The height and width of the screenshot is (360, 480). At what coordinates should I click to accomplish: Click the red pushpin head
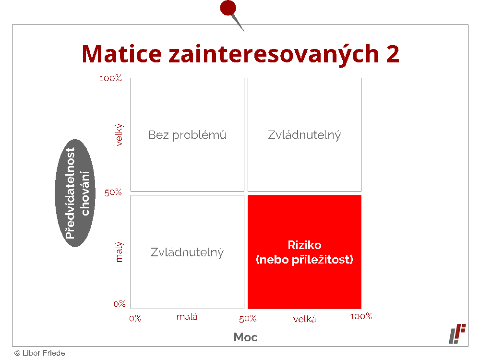(x=228, y=8)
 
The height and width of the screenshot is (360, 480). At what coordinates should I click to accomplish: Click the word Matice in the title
(x=121, y=54)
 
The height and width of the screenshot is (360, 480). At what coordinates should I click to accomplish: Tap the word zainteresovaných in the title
(x=274, y=55)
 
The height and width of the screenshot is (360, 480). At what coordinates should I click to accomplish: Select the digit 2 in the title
(x=393, y=54)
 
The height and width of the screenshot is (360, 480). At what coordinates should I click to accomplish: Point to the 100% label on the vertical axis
(x=110, y=78)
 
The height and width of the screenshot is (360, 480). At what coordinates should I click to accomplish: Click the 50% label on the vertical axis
(x=113, y=192)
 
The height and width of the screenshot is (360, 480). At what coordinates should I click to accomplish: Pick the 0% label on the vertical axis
(x=120, y=304)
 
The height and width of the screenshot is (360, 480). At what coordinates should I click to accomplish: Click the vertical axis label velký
(x=119, y=135)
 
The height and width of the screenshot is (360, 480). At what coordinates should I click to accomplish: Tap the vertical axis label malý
(x=119, y=252)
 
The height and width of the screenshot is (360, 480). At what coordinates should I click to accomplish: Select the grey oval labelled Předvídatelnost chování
(x=75, y=193)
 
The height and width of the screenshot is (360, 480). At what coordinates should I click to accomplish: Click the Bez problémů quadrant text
(x=187, y=135)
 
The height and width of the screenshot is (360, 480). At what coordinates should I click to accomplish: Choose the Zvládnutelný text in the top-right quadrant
(x=304, y=135)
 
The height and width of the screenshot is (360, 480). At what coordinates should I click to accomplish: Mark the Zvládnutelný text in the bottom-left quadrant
(x=187, y=252)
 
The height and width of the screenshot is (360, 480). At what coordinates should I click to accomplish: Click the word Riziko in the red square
(x=305, y=245)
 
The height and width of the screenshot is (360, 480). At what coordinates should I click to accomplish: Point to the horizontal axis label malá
(x=187, y=316)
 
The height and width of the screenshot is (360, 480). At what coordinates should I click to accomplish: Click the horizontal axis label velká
(x=304, y=319)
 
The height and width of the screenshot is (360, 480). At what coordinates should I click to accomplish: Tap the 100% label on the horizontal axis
(x=361, y=316)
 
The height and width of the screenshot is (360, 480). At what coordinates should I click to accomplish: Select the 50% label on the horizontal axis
(x=248, y=319)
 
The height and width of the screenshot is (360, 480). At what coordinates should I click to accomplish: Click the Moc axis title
(x=245, y=337)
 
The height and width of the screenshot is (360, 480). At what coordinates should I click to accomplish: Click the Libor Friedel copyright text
(x=40, y=353)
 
